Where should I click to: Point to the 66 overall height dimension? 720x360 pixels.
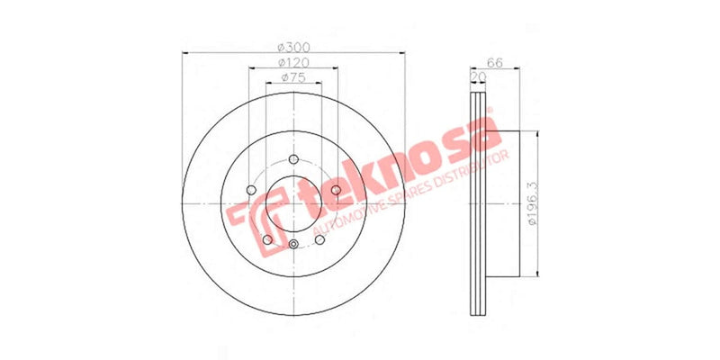click(x=493, y=63)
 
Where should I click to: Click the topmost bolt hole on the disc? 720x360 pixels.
click(x=293, y=162)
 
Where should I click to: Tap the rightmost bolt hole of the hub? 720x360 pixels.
click(x=335, y=191)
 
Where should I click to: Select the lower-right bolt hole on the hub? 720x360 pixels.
click(x=319, y=238)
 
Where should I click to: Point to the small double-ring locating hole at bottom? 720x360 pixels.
click(x=293, y=245)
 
